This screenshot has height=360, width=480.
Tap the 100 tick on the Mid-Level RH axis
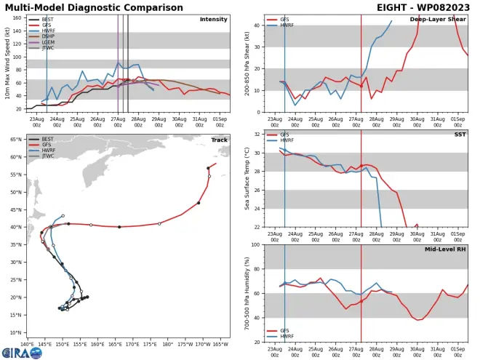click(x=259, y=245)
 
